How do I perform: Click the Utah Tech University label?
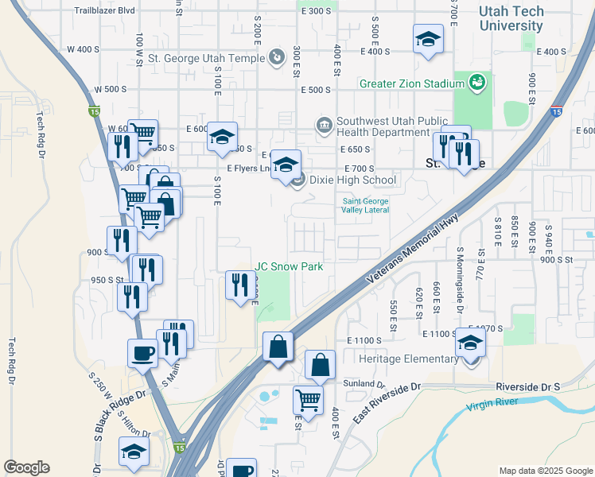click(x=521, y=19)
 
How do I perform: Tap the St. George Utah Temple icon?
click(x=276, y=56)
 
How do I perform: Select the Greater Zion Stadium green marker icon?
click(x=476, y=83)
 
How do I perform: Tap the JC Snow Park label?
click(x=289, y=266)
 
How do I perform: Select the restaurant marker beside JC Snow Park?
click(x=240, y=285)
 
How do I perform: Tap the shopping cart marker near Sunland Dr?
click(x=308, y=400)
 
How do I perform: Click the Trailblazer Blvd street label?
click(x=104, y=11)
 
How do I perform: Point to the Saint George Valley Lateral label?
click(x=366, y=206)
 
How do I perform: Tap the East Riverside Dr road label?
click(x=387, y=401)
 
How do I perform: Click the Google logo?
click(x=26, y=467)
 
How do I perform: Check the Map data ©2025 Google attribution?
click(x=546, y=470)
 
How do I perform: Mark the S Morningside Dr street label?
click(x=460, y=282)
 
